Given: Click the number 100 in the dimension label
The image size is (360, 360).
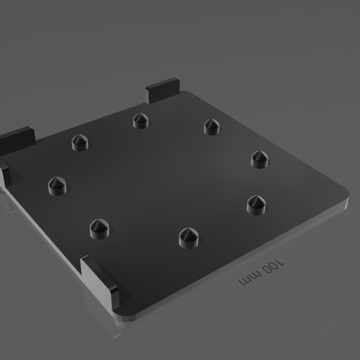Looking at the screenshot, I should coord(274,267).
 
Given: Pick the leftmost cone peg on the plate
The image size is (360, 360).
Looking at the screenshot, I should coord(57,185).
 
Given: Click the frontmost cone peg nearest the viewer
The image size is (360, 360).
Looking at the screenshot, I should coord(186,238).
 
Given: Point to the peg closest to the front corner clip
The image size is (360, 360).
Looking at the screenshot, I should coord(99,228).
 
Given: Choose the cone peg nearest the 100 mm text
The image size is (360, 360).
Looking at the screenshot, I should coord(256,204).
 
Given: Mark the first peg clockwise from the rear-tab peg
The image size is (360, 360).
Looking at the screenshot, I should coord(211,126).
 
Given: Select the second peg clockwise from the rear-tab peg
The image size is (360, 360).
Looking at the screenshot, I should coord(260,158).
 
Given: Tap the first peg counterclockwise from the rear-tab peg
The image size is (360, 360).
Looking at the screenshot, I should coord(80,142).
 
